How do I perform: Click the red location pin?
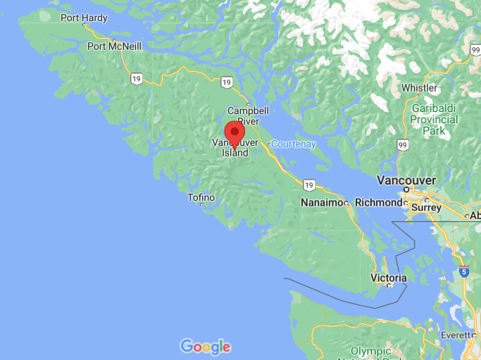coord(235,132)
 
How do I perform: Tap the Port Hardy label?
coord(84,18)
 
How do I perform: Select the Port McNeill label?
coord(114,46)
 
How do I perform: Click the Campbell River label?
coord(248,116)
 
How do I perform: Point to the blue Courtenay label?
coord(294,144)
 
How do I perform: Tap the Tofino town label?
coord(201,197)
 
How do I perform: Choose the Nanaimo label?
coord(322,203)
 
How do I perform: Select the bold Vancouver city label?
coord(406,180)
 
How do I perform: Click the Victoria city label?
coord(389,278)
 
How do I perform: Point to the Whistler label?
coord(419,88)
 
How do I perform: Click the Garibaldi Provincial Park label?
coord(435,119)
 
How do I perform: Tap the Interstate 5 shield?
coord(463,271)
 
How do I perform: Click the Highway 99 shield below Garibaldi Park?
coord(403,145)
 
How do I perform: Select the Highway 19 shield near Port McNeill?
coord(135,78)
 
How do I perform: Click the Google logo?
coord(205,346)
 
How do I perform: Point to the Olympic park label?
coord(371,352)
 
